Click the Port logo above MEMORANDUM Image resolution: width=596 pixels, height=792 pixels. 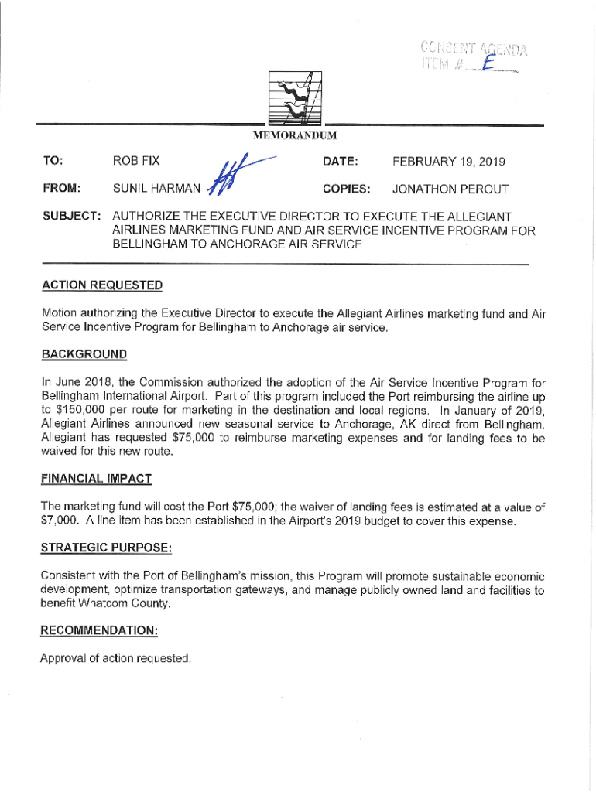(x=295, y=97)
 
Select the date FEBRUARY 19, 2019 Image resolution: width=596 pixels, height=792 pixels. (x=448, y=162)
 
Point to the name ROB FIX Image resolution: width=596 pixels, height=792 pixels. (x=136, y=162)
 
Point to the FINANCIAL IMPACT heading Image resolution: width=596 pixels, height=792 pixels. (x=96, y=479)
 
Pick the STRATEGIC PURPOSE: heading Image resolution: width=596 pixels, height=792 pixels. (x=106, y=548)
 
